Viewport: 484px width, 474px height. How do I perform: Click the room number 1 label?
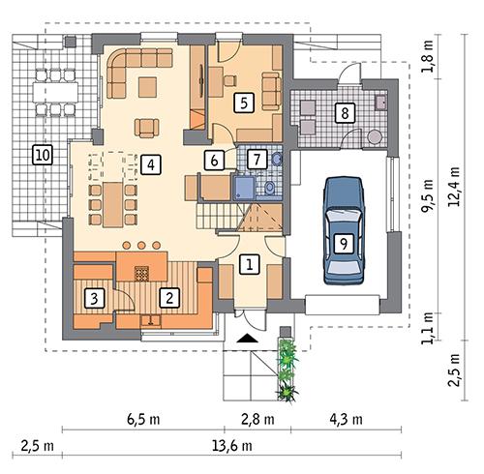249,262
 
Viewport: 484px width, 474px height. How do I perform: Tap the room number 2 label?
167,297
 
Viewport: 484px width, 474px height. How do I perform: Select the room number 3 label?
93,297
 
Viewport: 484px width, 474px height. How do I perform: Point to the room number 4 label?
149,164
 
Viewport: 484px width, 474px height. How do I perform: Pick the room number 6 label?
216,159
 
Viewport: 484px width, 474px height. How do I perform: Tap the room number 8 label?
344,113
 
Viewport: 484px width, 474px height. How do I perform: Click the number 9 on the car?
342,244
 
